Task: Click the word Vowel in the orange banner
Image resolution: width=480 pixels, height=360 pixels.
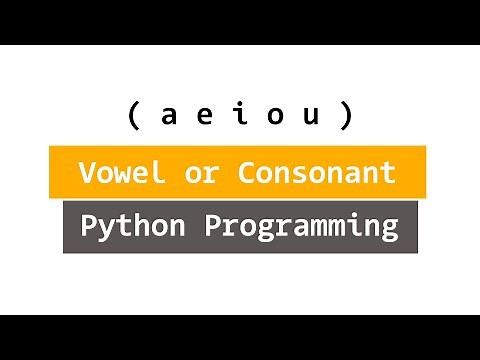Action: click(121, 172)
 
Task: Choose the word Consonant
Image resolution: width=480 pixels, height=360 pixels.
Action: click(316, 172)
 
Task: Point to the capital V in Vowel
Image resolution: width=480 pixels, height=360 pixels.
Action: click(88, 172)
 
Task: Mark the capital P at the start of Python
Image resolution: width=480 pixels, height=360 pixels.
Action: click(89, 225)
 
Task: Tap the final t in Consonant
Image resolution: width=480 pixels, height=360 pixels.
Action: click(389, 172)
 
